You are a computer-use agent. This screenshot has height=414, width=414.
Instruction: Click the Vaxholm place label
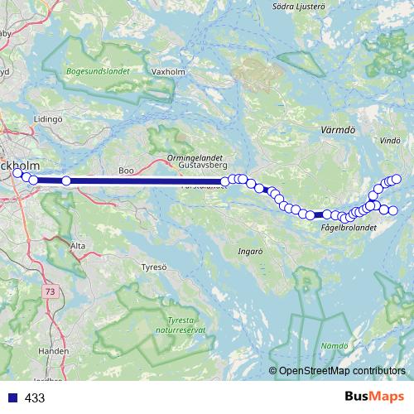168,72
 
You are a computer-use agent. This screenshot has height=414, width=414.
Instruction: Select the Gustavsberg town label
202,166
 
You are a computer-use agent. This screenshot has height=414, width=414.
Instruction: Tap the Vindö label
389,142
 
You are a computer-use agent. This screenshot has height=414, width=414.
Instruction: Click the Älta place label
78,246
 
